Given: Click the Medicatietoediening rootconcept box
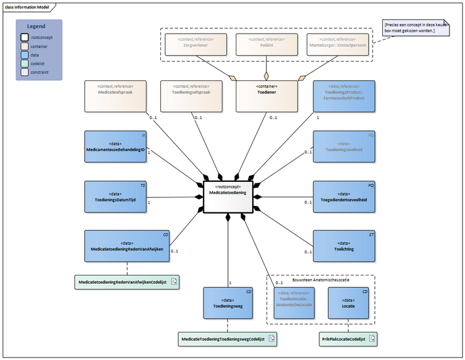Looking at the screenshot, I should (x=227, y=196).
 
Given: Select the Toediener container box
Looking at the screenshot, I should (x=266, y=97).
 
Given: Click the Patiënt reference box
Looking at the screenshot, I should (x=266, y=44).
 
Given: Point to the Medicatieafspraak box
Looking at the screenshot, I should (x=115, y=97).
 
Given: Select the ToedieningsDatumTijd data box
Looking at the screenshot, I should (x=115, y=196).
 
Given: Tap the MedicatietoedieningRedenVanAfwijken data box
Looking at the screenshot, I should (x=127, y=246).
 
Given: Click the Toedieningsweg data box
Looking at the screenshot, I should (x=228, y=304).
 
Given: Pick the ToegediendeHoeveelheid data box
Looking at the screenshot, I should (x=344, y=196).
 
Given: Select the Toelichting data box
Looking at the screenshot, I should (x=344, y=246).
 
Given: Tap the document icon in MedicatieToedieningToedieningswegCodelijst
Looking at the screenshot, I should (x=271, y=340).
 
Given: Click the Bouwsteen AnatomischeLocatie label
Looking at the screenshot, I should (x=320, y=280).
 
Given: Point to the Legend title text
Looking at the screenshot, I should (x=36, y=26).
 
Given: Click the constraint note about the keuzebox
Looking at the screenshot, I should (x=416, y=27).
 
